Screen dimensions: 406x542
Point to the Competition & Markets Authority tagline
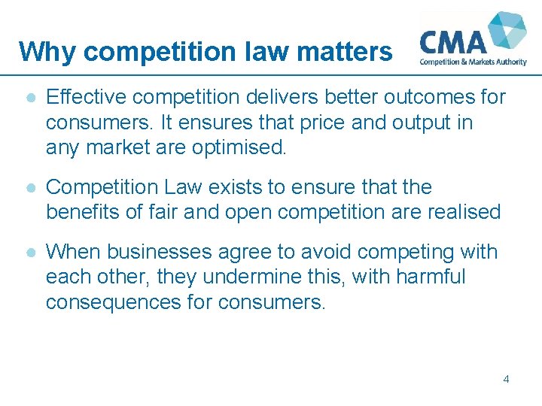tap(473, 62)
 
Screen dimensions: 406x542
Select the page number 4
tap(506, 379)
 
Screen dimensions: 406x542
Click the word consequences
tap(115, 302)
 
